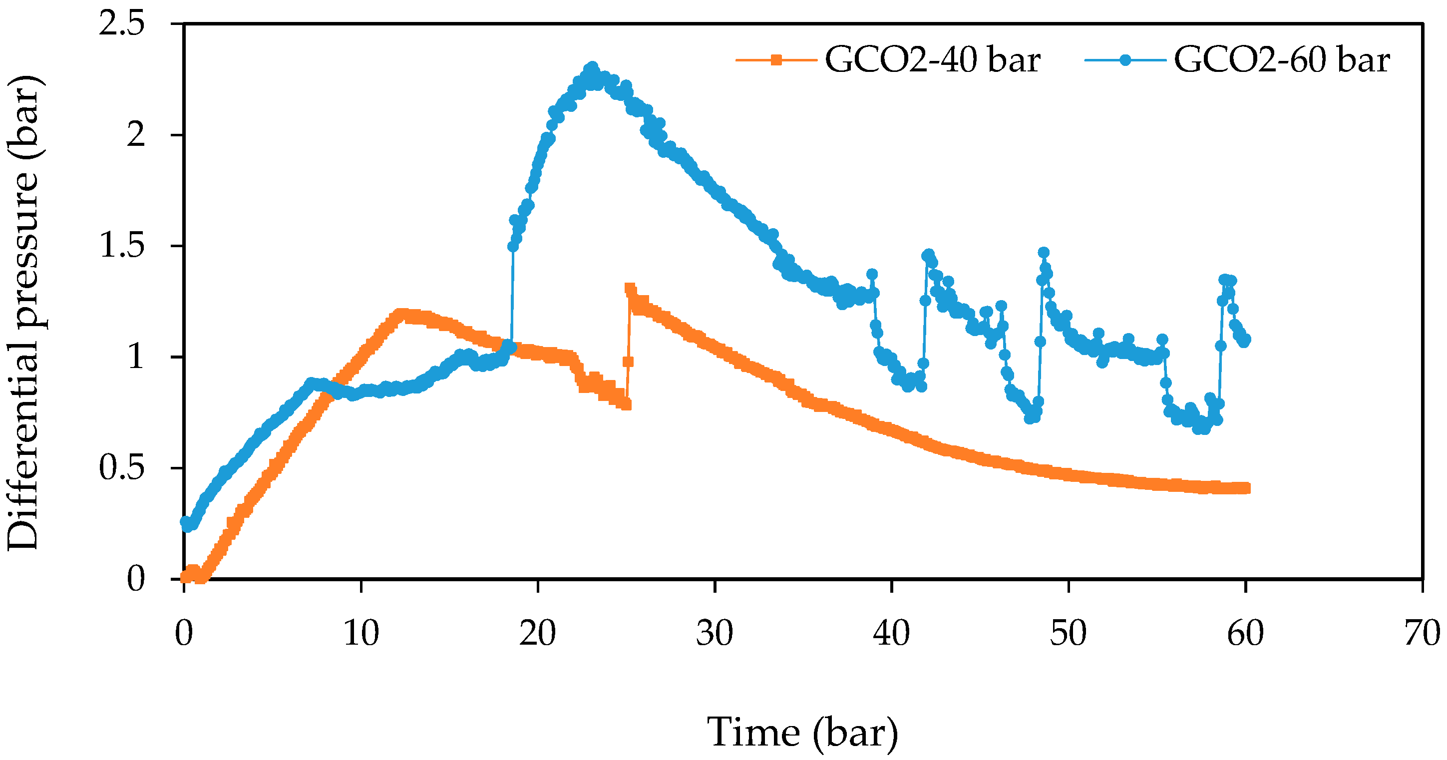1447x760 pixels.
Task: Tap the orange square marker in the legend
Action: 776,59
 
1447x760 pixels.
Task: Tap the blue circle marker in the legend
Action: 1124,59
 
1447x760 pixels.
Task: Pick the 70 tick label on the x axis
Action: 1422,633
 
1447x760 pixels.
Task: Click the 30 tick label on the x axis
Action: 715,633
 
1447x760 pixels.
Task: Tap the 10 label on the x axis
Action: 361,633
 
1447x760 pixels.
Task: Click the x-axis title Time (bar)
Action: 802,733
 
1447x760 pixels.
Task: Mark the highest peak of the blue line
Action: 592,67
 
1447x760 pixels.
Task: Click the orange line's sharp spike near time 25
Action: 630,288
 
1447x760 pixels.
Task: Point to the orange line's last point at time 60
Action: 1245,487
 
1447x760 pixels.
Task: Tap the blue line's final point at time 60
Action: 1245,339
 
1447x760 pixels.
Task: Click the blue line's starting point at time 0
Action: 186,522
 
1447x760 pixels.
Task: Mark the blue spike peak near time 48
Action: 1044,252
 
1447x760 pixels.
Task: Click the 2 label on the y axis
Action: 135,135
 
